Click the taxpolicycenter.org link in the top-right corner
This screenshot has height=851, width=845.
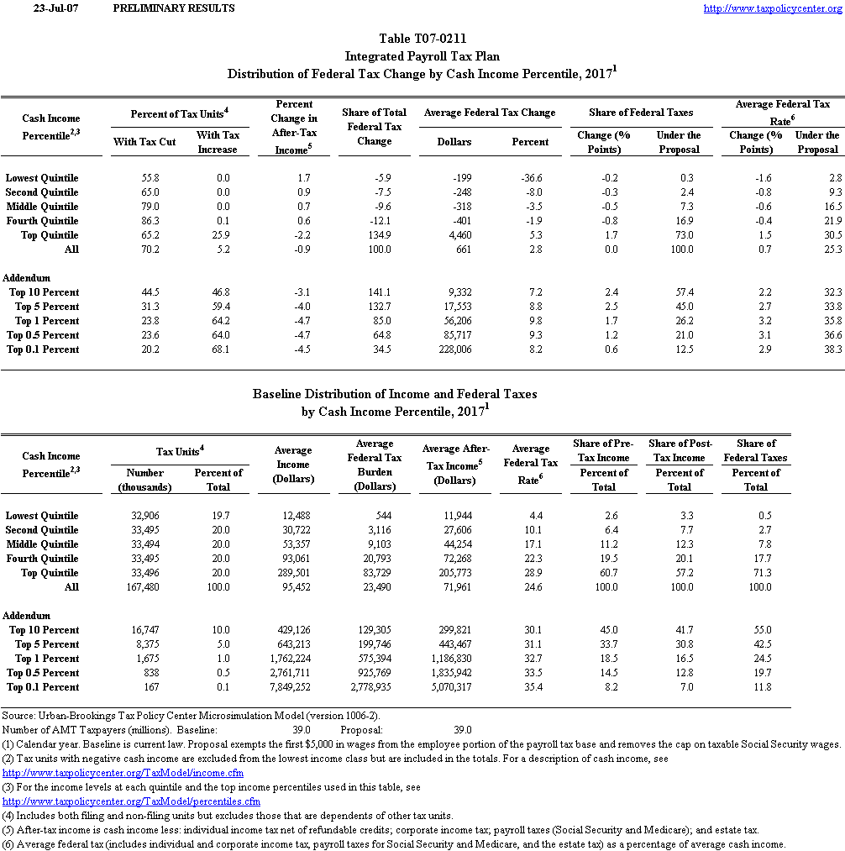click(x=771, y=8)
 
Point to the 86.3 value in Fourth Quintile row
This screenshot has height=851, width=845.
click(x=144, y=221)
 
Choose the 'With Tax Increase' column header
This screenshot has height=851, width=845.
click(x=218, y=142)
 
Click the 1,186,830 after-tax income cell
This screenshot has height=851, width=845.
click(x=450, y=659)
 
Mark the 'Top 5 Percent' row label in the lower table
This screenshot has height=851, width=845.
click(x=47, y=644)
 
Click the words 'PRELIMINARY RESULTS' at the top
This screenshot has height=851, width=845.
click(x=173, y=8)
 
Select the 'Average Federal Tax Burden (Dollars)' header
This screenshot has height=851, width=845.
click(x=375, y=465)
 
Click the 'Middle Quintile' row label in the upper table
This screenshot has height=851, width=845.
click(x=42, y=207)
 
